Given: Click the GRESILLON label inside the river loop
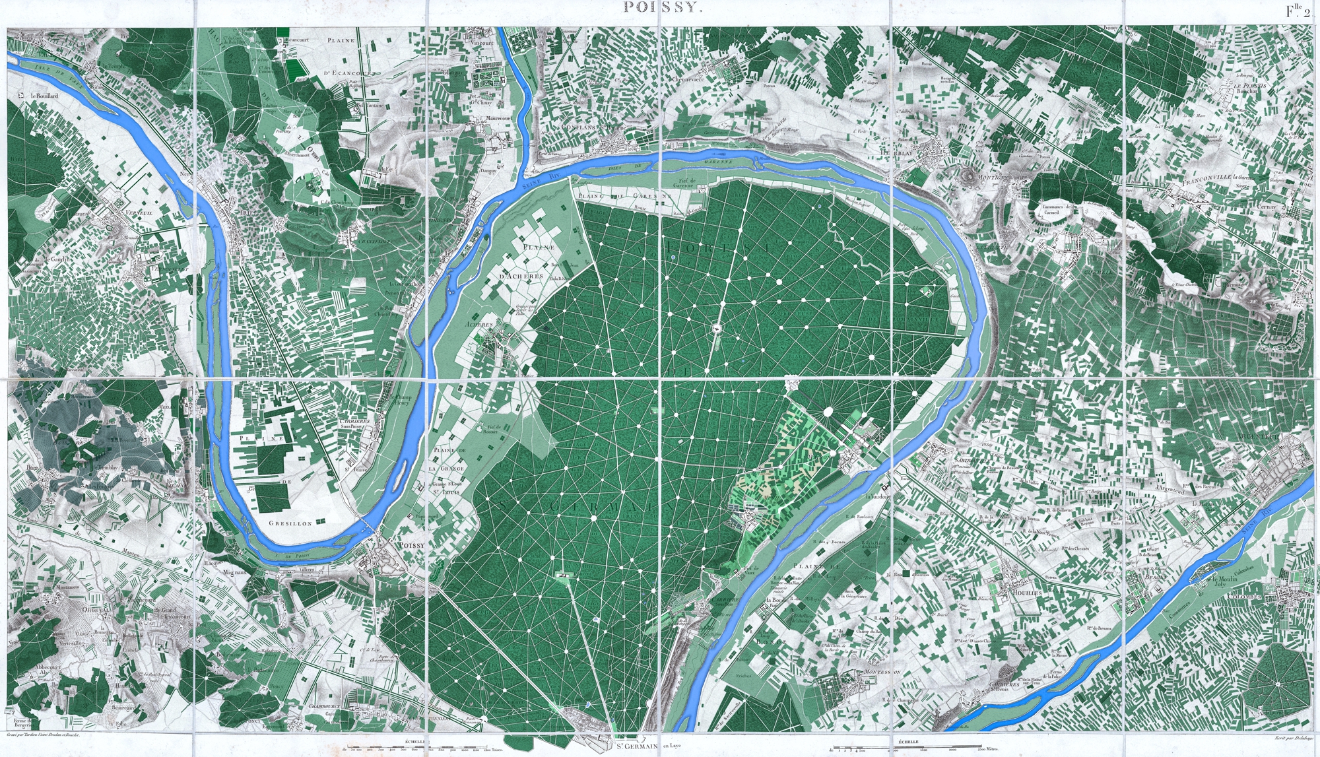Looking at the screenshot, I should click(x=290, y=523).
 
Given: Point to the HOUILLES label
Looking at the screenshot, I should click(x=1027, y=593).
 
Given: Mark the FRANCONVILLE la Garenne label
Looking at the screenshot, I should click(x=1218, y=178).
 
